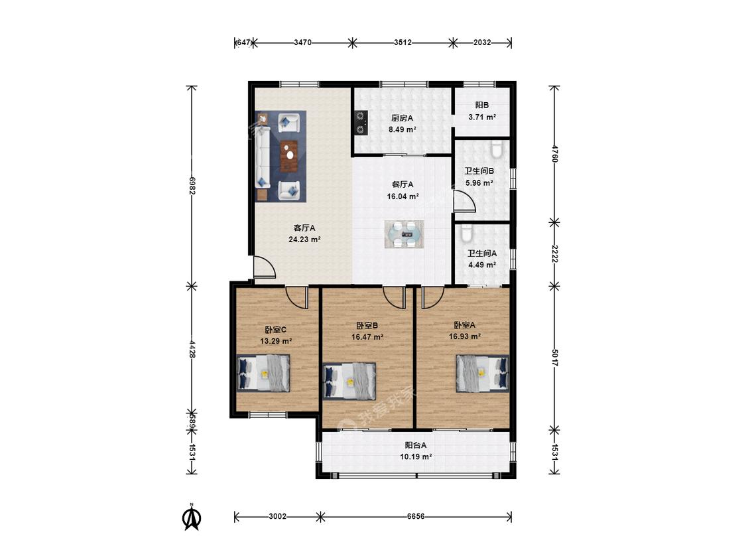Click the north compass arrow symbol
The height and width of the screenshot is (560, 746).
tap(192, 518)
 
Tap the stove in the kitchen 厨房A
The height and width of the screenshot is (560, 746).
tap(361, 123)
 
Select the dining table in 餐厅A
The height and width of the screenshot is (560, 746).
tap(404, 234)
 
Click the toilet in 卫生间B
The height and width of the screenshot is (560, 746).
tap(496, 149)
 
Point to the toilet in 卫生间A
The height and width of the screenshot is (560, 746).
tap(466, 234)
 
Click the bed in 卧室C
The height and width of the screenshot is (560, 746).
tap(263, 373)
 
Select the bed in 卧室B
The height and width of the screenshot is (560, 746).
tap(349, 381)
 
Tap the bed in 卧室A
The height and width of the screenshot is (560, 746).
tap(483, 374)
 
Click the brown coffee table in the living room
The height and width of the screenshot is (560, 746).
tap(289, 156)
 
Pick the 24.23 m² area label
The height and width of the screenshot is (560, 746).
tap(304, 240)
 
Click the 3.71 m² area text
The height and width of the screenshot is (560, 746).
tap(482, 117)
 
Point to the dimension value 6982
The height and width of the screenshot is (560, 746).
tap(192, 186)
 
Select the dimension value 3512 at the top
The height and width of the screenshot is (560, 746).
tap(403, 42)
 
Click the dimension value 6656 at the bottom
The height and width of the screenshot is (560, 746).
tap(416, 516)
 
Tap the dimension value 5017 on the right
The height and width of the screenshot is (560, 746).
tap(554, 358)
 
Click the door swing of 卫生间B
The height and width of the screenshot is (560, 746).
tap(464, 201)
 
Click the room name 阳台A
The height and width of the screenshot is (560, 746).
tap(416, 445)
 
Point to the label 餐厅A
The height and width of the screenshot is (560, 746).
tap(403, 184)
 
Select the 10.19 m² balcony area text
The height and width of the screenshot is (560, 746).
tap(416, 456)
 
